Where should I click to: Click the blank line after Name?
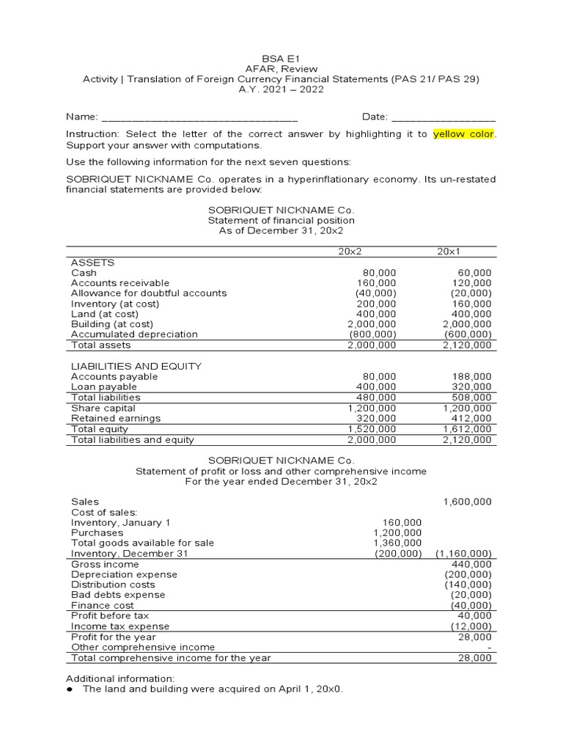coord(199,118)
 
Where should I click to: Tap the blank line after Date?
coord(444,118)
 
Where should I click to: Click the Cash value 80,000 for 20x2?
coord(380,273)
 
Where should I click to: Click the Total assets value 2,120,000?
coord(467,345)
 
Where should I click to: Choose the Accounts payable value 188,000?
coord(472,377)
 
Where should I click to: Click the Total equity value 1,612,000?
coord(467,429)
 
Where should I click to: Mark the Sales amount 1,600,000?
coord(467,502)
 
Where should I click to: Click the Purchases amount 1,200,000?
coord(397,532)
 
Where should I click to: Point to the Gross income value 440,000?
coord(474,564)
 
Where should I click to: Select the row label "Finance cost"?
coord(102,606)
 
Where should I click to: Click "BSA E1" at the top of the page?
coord(281,59)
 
